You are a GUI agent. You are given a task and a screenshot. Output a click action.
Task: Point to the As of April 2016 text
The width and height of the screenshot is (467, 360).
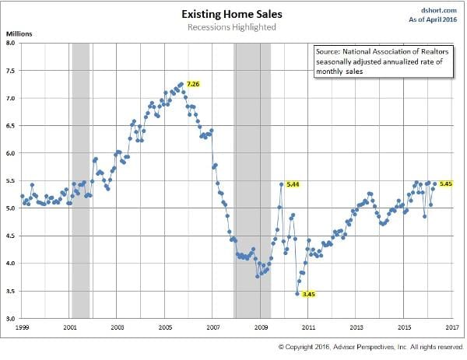pos(434,18)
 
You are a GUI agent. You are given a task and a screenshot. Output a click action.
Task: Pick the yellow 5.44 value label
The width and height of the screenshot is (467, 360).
pos(293,184)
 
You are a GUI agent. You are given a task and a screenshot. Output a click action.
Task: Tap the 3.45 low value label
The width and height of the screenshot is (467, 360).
pos(307,294)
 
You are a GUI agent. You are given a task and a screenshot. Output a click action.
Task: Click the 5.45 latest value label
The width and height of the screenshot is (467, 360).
pos(446,183)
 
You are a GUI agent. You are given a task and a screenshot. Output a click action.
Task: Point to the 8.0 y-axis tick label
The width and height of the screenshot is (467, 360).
pos(10,44)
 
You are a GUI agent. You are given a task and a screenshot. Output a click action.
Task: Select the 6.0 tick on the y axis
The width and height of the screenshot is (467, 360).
pos(10,154)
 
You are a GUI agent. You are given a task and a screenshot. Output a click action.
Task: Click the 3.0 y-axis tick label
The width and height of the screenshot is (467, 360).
pos(10,319)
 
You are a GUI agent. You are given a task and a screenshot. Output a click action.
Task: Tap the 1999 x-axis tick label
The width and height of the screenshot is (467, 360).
pos(22,327)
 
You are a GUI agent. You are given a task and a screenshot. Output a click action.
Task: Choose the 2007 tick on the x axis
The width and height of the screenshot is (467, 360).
pos(213,327)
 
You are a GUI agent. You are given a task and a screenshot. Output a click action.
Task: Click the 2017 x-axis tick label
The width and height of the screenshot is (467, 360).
pos(452,327)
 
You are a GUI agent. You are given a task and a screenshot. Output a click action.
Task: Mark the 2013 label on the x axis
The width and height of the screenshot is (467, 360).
pos(356,327)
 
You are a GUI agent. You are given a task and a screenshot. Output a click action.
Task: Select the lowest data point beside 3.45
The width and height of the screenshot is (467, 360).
pos(297,293)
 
